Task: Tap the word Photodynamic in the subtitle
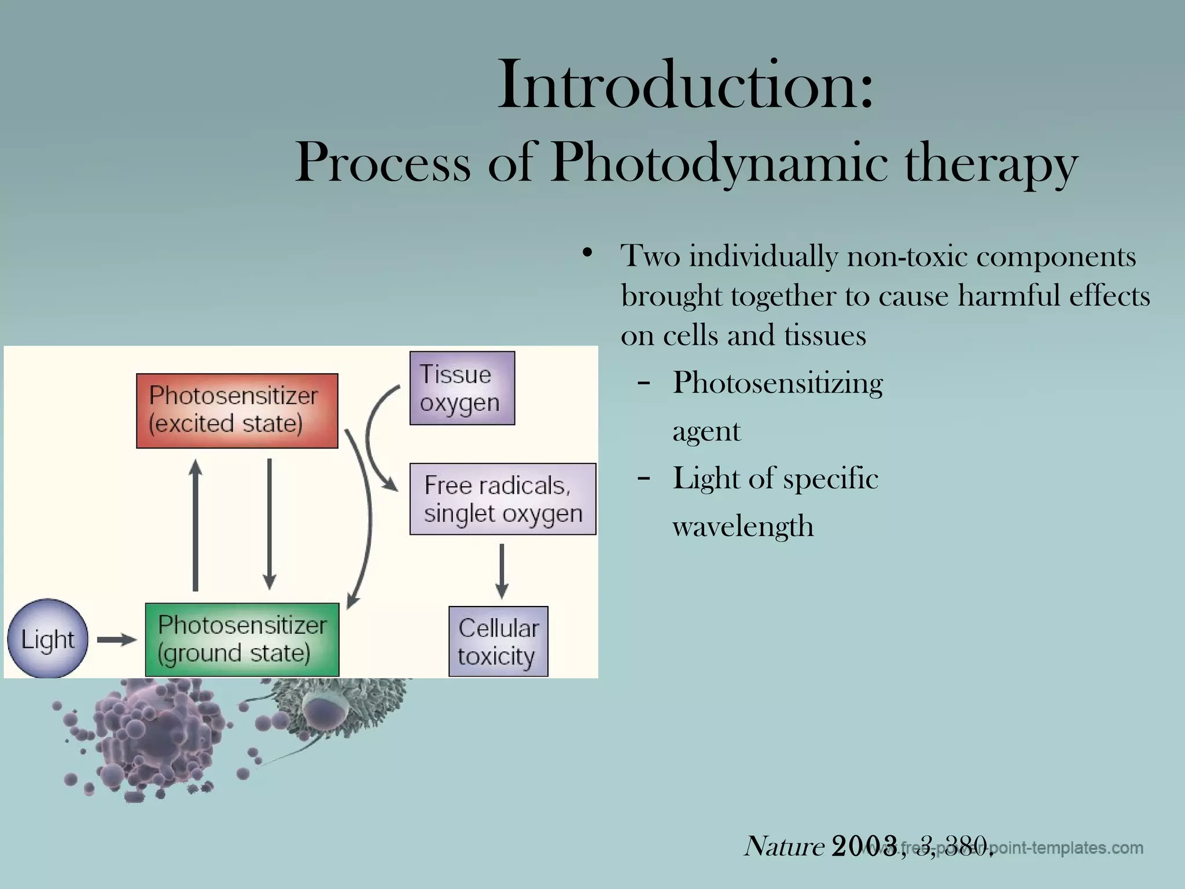tap(718, 163)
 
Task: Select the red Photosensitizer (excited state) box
tap(237, 410)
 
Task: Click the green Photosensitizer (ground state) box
tap(242, 640)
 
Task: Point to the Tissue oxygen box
tap(462, 388)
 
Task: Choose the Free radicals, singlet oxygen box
tap(502, 499)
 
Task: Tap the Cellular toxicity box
tap(498, 641)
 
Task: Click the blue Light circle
tap(47, 639)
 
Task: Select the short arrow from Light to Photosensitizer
tap(116, 640)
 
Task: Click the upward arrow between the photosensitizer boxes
tap(196, 524)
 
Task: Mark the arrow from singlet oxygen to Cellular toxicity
tap(502, 570)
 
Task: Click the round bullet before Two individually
tap(588, 253)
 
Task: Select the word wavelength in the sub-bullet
tap(743, 527)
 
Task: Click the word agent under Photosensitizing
tap(706, 432)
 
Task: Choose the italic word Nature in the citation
tap(784, 846)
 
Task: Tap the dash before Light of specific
tap(643, 479)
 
